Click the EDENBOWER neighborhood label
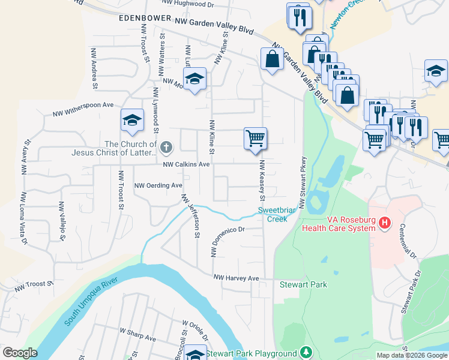141,19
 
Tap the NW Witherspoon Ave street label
83,109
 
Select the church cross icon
167,146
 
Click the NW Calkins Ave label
186,164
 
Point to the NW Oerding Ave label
158,185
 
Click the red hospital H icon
385,224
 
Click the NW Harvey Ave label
236,278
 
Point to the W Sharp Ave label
137,335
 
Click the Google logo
20,352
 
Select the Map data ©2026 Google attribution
412,355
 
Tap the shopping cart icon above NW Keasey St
255,138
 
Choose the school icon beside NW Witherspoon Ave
132,120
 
